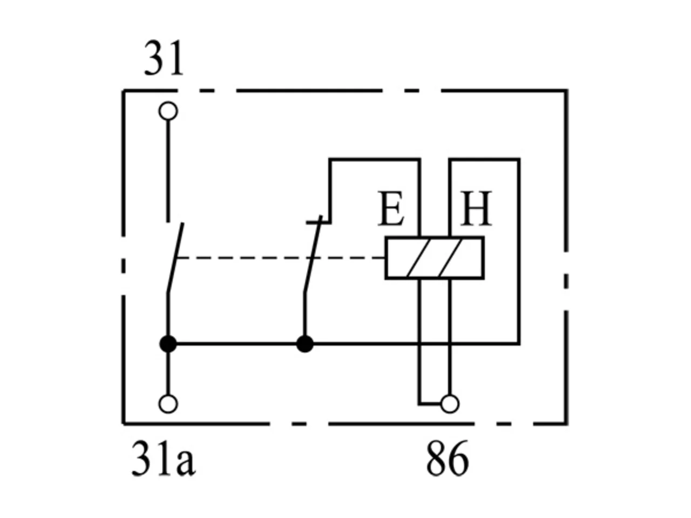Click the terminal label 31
pos(164,58)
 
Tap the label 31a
pos(164,459)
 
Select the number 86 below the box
pos(448,459)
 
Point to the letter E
pos(391,208)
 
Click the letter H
pos(476,208)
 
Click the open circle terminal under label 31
pos(168,111)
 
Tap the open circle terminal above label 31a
pos(168,404)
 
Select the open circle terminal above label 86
pos(450,404)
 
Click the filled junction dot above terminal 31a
pos(168,344)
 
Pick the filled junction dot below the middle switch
pos(304,344)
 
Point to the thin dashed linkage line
pos(280,258)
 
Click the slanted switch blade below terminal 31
pos(175,258)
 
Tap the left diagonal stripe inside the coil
pos(418,258)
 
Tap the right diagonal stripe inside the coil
pos(451,258)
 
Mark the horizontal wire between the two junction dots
pos(236,344)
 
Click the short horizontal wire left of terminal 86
pos(430,404)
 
